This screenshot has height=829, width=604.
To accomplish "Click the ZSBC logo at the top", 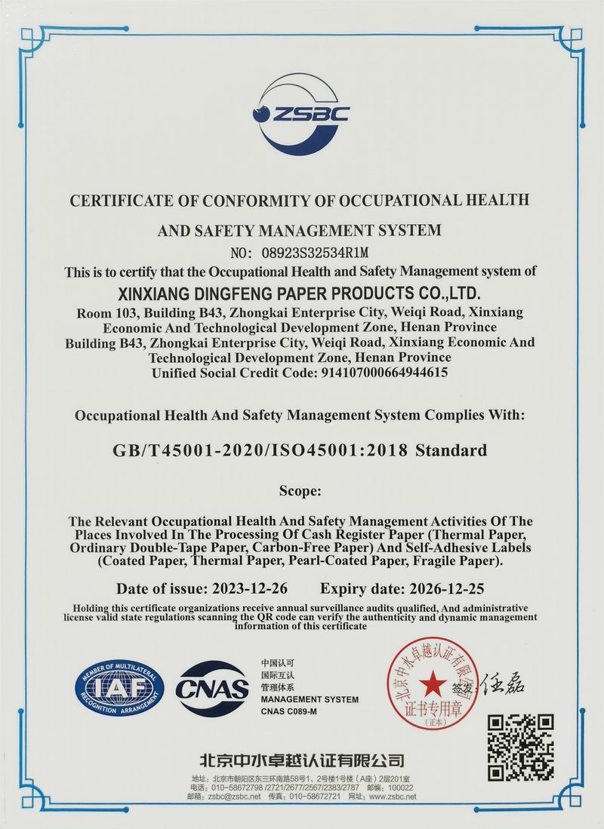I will click(x=300, y=114).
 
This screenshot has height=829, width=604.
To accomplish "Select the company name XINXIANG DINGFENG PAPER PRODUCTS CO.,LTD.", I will click(x=301, y=292).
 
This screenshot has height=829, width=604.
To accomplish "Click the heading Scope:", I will click(x=300, y=490).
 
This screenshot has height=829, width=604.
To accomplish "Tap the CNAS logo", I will click(x=212, y=687).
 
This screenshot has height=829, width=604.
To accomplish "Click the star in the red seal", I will click(x=433, y=683).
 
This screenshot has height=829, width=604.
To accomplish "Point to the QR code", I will click(x=521, y=746).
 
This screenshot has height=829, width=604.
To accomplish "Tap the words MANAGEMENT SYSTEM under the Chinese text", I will click(x=309, y=700).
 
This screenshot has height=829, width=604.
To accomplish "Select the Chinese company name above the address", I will click(x=301, y=760).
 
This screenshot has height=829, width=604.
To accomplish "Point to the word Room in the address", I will click(x=93, y=312).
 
